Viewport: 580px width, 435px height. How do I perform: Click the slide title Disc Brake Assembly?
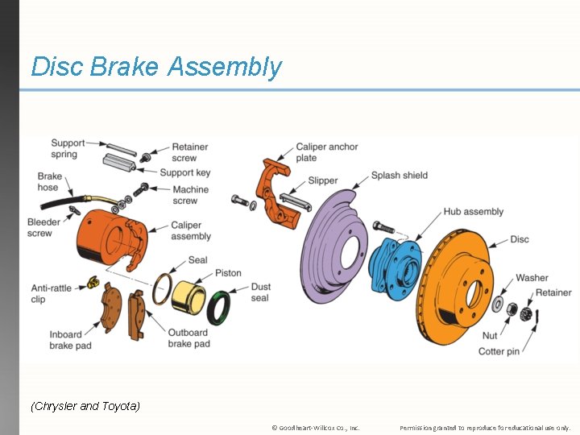pos(156,67)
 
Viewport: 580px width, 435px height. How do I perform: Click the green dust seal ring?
pos(218,307)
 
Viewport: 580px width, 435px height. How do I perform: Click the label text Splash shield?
pos(400,176)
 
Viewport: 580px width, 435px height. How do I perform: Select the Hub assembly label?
pos(473,212)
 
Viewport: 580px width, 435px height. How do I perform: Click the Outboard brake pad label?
pos(189,338)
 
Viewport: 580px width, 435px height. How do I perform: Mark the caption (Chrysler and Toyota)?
pos(85,406)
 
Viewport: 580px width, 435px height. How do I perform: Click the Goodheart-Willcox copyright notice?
pos(316,428)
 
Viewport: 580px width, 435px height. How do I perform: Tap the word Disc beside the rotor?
pos(520,240)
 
